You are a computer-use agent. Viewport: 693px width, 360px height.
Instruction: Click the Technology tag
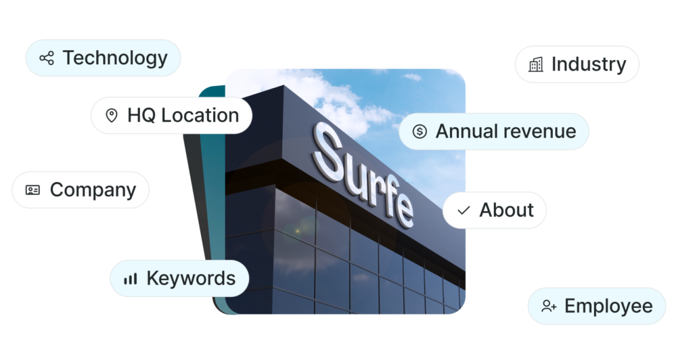coord(104,58)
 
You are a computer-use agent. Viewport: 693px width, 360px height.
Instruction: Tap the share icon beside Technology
coord(46,58)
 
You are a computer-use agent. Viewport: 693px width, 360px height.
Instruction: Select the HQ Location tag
coord(171,116)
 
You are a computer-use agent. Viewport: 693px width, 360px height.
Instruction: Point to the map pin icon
coord(112,116)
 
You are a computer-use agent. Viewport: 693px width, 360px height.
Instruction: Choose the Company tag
coord(81,190)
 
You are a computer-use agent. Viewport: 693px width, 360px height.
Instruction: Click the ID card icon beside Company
coord(32,190)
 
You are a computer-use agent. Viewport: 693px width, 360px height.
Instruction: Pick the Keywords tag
coord(179,278)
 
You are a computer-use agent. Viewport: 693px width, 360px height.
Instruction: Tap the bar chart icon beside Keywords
coord(130,279)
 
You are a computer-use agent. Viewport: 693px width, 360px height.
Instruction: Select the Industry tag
coord(577,64)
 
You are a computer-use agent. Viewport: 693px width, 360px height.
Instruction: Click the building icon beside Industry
coord(535,64)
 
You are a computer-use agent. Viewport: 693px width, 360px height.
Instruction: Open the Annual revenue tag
coord(494,131)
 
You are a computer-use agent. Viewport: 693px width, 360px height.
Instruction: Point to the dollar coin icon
coord(420,131)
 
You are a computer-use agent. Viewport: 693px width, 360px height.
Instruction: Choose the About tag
coord(495,210)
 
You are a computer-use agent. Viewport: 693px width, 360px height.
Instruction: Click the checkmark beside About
coord(464,210)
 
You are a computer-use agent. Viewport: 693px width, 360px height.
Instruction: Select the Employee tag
coord(597,306)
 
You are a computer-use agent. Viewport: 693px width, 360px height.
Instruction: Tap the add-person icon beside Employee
coord(549,307)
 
